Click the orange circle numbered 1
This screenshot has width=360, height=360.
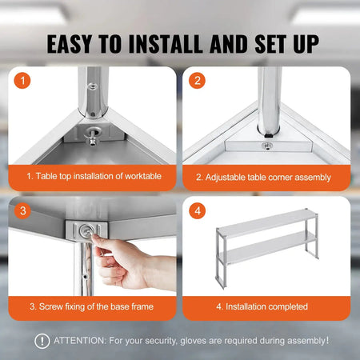click(x=25, y=81)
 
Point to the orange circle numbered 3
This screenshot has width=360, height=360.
click(x=25, y=210)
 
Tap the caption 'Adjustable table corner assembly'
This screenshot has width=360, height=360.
click(x=266, y=175)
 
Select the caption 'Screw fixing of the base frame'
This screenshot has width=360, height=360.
click(x=92, y=306)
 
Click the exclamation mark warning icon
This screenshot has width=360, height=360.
click(x=42, y=341)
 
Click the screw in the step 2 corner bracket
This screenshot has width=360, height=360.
click(x=266, y=146)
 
